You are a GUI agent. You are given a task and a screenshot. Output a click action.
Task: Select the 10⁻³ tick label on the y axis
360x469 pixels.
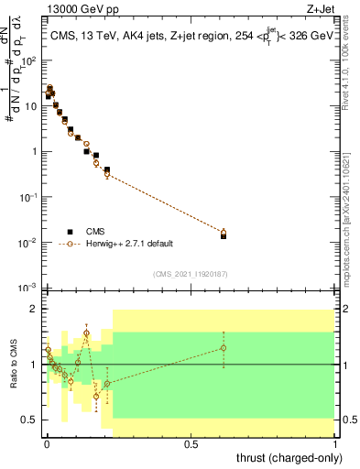[x=28, y=288]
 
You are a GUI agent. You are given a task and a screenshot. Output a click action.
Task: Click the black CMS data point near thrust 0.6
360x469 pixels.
[x=224, y=235]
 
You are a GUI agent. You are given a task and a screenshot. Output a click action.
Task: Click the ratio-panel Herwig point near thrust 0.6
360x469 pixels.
[x=224, y=348]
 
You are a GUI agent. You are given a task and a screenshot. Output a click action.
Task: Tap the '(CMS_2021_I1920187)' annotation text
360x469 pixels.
[x=191, y=274]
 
